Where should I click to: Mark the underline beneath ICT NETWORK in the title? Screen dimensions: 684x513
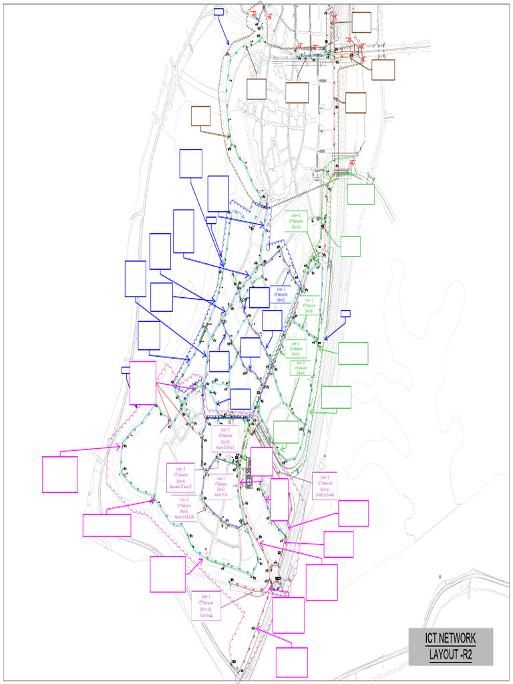pyautogui.click(x=451, y=647)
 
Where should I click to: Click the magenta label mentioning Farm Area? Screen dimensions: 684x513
pyautogui.click(x=205, y=605)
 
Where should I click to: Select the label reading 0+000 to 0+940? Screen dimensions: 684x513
pyautogui.click(x=325, y=486)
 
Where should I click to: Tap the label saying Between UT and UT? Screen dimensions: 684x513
pyautogui.click(x=180, y=477)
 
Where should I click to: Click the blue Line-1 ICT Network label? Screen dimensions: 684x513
pyautogui.click(x=281, y=295)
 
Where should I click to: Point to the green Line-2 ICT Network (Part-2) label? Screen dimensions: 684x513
pyautogui.click(x=295, y=222)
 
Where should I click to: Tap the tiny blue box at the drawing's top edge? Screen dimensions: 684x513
pyautogui.click(x=218, y=11)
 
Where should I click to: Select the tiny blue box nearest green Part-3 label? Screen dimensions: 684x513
pyautogui.click(x=345, y=313)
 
